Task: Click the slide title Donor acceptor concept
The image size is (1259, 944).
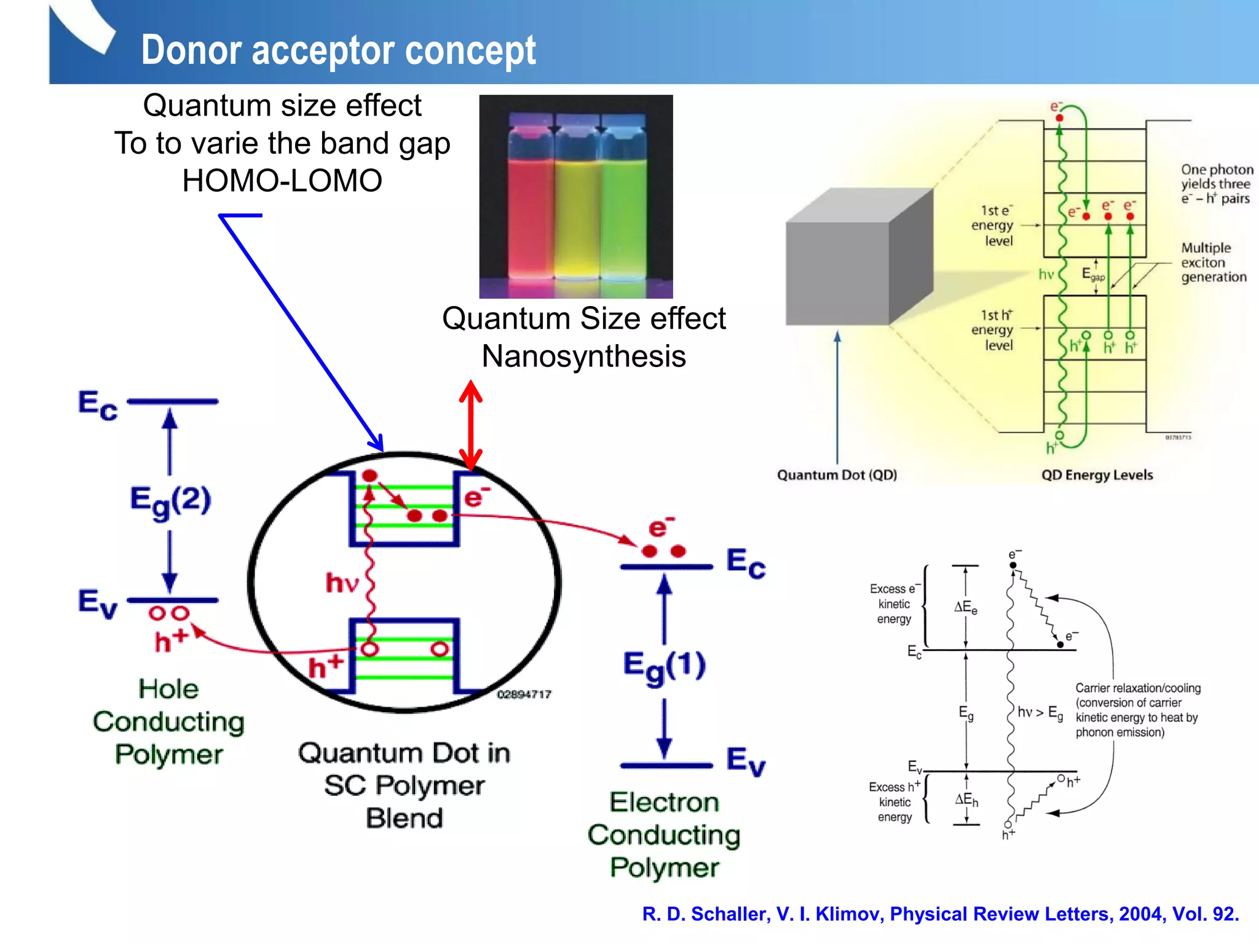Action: [x=338, y=50]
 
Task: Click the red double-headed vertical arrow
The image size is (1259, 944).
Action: [x=471, y=425]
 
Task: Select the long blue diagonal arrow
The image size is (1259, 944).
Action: [x=301, y=332]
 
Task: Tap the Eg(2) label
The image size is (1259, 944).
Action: [x=170, y=501]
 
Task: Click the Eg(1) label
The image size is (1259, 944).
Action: [x=664, y=667]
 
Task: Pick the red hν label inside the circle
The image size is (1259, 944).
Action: [x=342, y=583]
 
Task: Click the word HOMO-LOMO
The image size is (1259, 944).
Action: [x=282, y=181]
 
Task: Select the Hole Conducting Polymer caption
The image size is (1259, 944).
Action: [x=168, y=722]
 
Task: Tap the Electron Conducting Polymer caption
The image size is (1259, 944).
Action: [x=664, y=835]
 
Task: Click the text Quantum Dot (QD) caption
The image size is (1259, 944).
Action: [x=837, y=474]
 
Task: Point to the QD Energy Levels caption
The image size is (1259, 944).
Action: [x=1097, y=474]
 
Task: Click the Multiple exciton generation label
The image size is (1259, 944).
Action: [x=1213, y=262]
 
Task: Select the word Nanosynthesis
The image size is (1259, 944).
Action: [x=583, y=356]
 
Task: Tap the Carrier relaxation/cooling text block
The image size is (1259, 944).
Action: [x=1137, y=710]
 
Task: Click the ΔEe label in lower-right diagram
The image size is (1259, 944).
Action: [x=965, y=607]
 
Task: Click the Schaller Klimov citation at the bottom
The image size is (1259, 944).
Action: [x=940, y=914]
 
